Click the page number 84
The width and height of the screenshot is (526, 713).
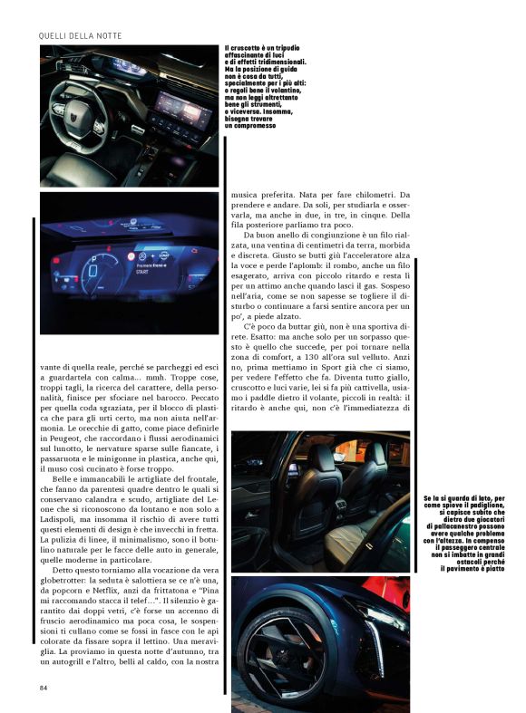click(44, 687)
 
